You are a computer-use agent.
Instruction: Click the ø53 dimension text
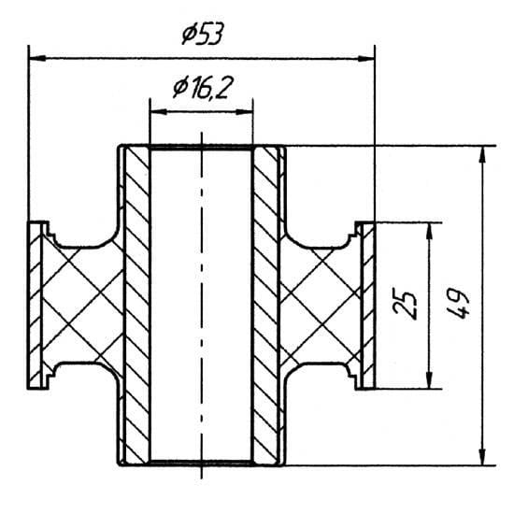203,34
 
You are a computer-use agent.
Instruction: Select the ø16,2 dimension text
203,88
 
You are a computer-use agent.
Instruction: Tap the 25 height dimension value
406,305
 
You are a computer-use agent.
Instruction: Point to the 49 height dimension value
458,304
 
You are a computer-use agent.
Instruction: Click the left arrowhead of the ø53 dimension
36,58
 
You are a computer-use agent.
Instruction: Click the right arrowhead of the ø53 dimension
365,59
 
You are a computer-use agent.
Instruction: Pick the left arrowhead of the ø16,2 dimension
158,112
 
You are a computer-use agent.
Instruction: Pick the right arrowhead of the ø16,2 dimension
244,112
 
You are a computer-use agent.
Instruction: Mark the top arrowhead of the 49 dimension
482,155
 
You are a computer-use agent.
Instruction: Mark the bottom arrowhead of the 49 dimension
482,456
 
